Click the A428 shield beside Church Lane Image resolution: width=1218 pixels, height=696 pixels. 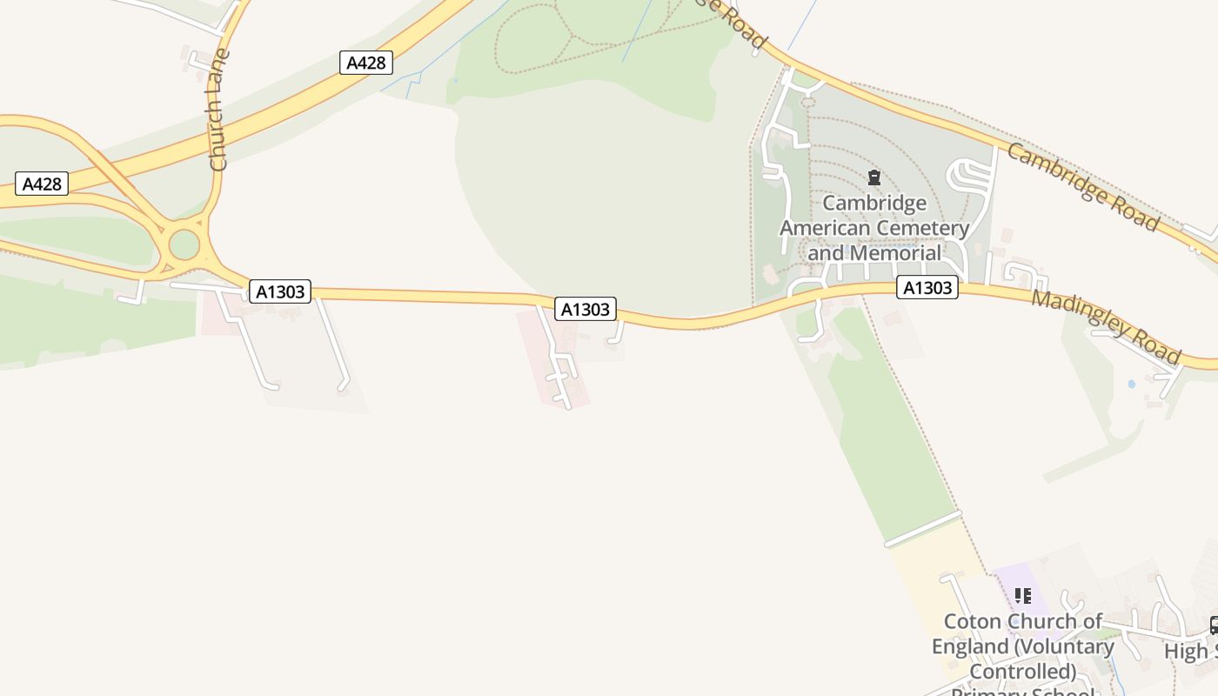tap(366, 63)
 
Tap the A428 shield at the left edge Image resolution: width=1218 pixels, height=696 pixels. tap(42, 184)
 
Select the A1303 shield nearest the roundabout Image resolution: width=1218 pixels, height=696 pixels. tap(280, 291)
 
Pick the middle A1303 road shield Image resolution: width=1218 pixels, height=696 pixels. tap(586, 309)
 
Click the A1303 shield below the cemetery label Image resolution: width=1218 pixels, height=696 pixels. tap(927, 287)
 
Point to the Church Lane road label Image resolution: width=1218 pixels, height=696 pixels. tap(218, 110)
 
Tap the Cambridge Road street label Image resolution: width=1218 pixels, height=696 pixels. tap(1082, 188)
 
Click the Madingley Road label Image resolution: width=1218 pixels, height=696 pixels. tap(1106, 327)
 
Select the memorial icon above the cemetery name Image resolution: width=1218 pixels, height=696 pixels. tap(873, 178)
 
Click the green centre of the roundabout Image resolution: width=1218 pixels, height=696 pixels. tap(184, 244)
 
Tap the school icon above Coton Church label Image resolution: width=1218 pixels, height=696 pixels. tap(1023, 596)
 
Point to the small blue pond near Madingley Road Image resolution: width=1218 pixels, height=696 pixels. tap(1131, 383)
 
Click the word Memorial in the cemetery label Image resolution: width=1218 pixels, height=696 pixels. tap(899, 253)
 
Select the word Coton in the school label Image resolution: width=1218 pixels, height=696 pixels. tap(971, 622)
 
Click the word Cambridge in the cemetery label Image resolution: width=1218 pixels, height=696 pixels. tap(874, 204)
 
